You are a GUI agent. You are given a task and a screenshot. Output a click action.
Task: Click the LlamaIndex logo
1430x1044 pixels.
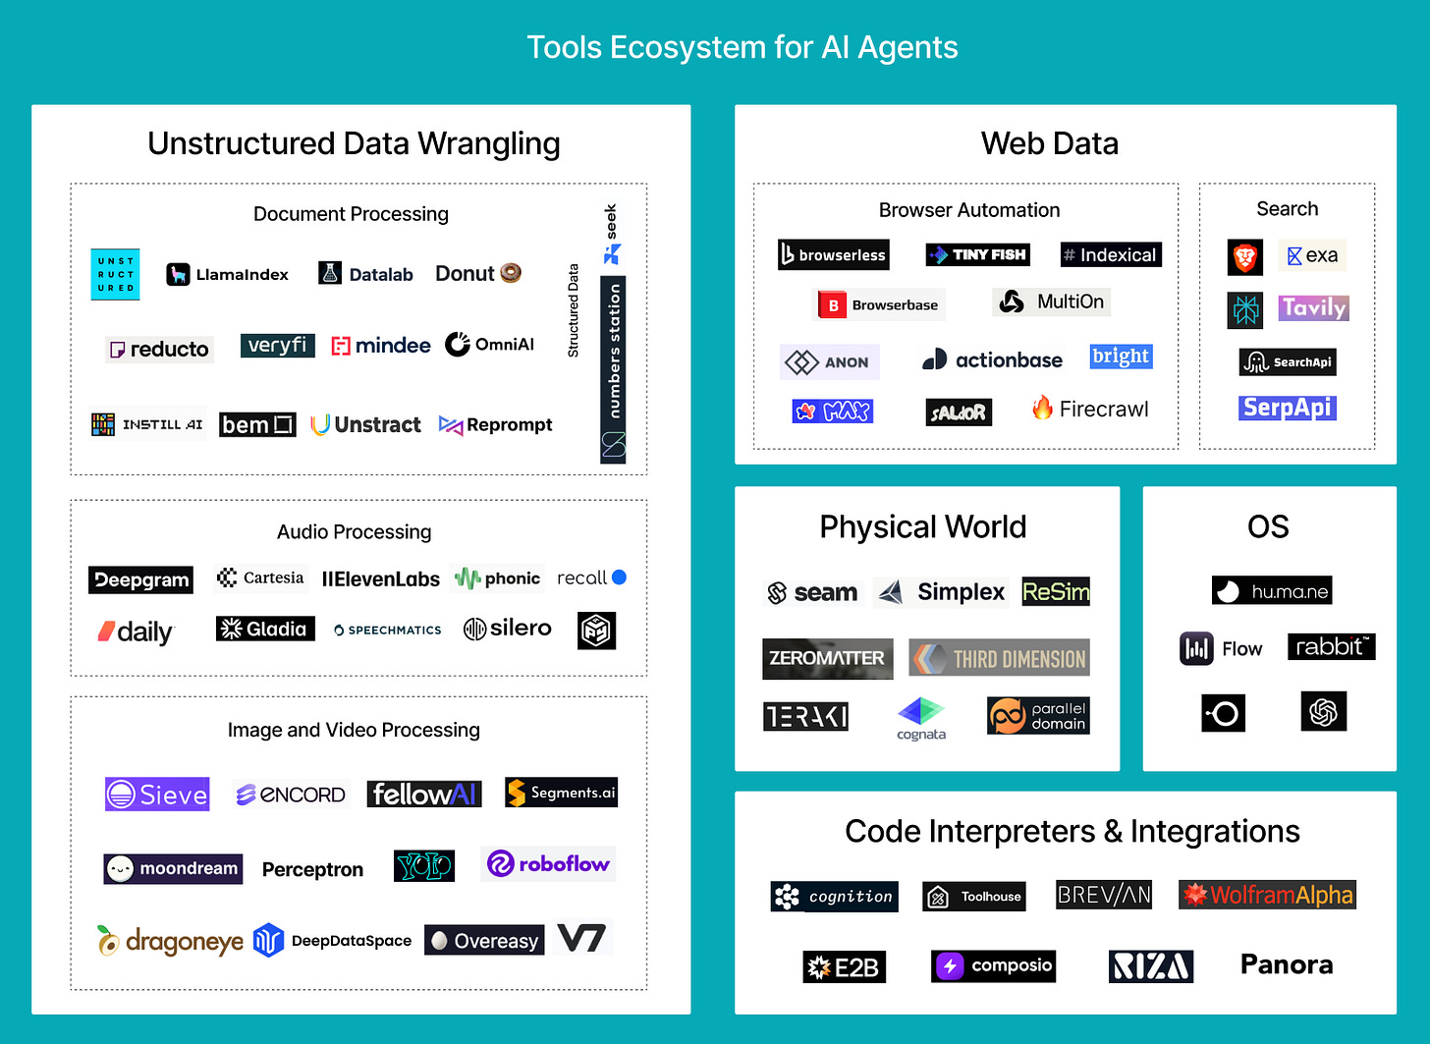(x=228, y=274)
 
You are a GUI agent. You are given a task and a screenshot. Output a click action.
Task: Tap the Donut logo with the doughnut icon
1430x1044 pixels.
(x=478, y=273)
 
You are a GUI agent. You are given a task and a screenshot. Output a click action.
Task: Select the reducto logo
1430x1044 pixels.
(x=159, y=349)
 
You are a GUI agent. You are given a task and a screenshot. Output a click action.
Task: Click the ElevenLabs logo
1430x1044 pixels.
(x=381, y=579)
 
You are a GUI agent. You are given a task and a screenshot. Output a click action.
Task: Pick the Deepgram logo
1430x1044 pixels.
(x=140, y=579)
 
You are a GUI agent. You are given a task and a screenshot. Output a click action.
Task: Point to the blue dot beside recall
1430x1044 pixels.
(x=619, y=577)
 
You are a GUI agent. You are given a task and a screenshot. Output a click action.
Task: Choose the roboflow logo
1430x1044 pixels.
(x=549, y=864)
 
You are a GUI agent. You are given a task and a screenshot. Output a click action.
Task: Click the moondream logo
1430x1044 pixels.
(x=173, y=868)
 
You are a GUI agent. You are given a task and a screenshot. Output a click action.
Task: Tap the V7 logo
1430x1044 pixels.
(x=581, y=939)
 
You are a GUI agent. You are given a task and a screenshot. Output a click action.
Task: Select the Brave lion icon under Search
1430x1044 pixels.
(x=1245, y=257)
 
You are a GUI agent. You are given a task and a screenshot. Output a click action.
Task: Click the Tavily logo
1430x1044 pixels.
(x=1313, y=307)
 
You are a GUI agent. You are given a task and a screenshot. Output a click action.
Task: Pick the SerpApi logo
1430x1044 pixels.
(x=1287, y=408)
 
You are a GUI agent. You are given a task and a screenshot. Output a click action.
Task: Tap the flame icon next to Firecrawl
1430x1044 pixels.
(x=1042, y=408)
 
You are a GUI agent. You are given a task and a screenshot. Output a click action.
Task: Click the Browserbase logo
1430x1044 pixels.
(x=880, y=304)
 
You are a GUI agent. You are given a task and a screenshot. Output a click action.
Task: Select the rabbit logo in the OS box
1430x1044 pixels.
(x=1331, y=646)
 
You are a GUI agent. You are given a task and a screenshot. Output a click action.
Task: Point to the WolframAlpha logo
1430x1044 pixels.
(x=1267, y=895)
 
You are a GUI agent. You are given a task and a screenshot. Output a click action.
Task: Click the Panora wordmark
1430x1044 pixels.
(x=1287, y=964)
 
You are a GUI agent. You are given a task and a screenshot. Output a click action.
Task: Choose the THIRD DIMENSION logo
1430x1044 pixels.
(x=1000, y=658)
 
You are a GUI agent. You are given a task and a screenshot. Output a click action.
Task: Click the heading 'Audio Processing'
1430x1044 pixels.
(x=354, y=531)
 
